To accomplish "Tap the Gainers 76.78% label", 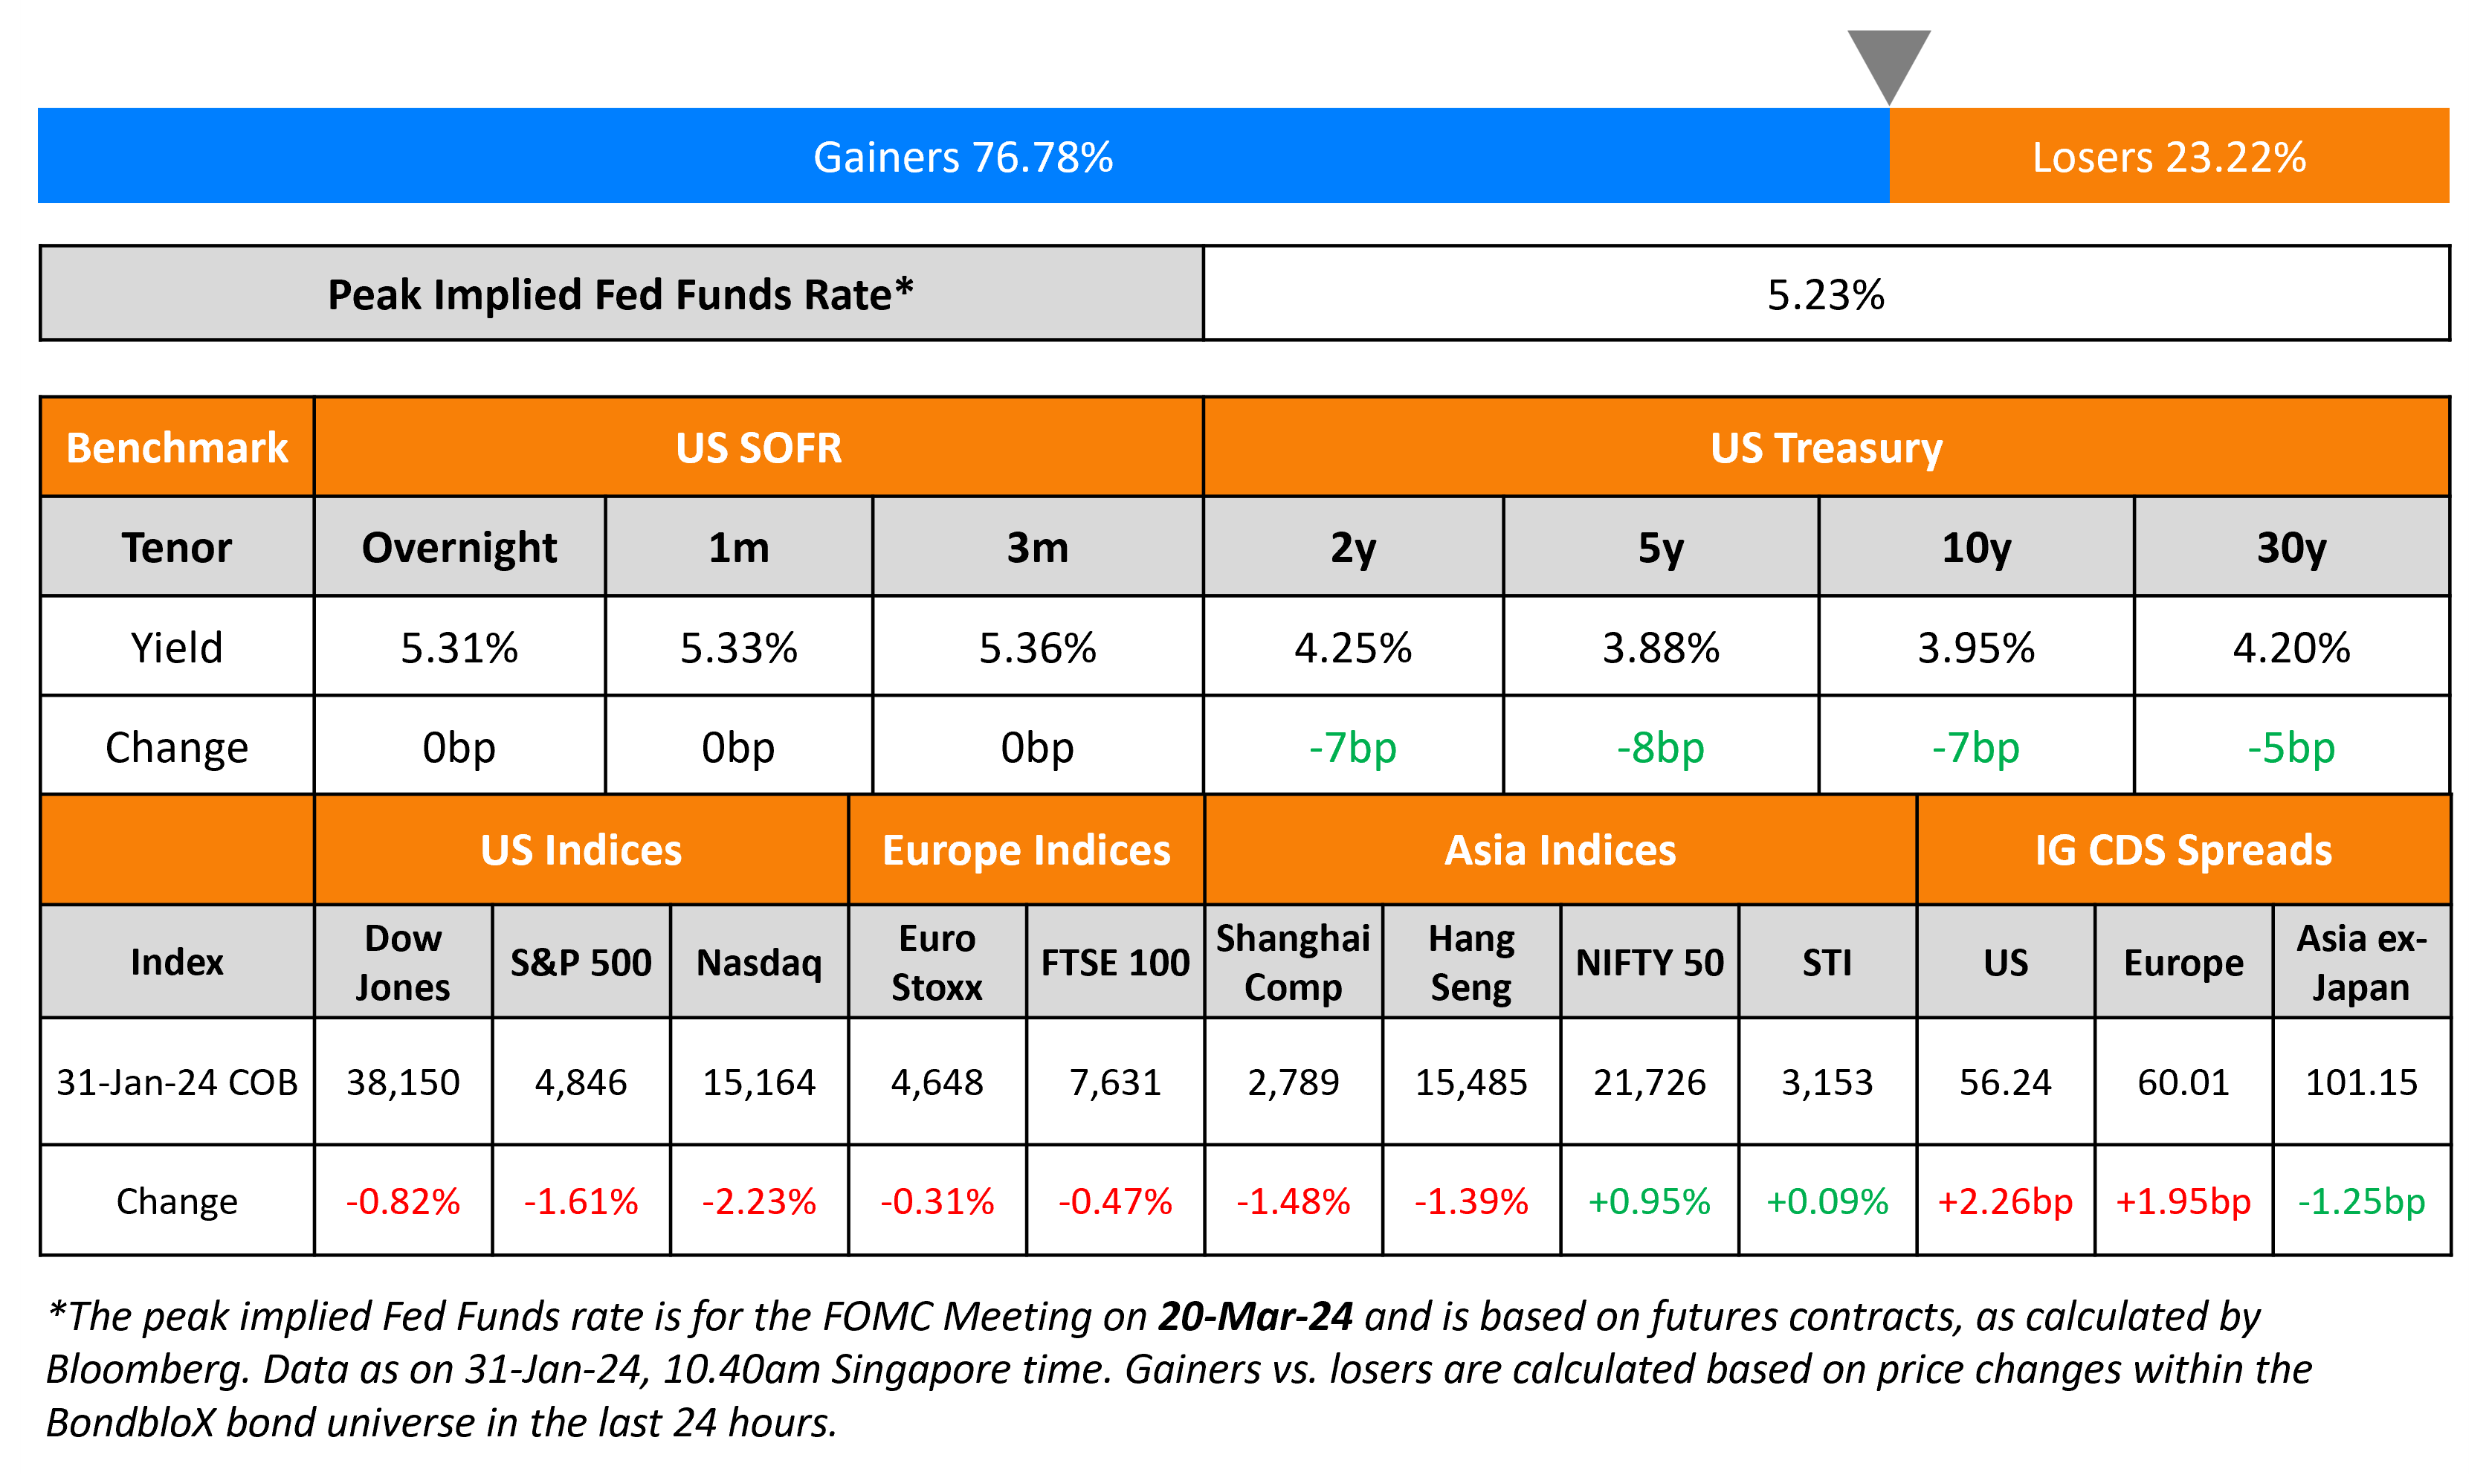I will click(x=963, y=157).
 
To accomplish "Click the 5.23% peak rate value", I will click(x=1825, y=295).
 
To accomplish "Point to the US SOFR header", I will click(x=758, y=448).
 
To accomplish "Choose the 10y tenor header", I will click(x=1975, y=548).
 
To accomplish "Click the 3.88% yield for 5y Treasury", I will click(x=1660, y=648).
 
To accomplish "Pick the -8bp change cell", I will click(x=1660, y=747).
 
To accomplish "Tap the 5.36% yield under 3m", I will click(x=1037, y=648).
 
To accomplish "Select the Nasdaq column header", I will click(x=759, y=962).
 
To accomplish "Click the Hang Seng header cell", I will click(x=1471, y=962).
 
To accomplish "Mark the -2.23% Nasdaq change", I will click(x=759, y=1201).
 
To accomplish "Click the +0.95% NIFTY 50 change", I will click(x=1650, y=1201).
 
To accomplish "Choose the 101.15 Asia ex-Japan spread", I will click(x=2361, y=1082).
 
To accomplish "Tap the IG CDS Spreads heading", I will click(x=2183, y=851).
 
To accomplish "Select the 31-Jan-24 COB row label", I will click(x=177, y=1082).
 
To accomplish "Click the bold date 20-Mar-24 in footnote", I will click(x=1255, y=1316).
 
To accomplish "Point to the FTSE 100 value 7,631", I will click(x=1115, y=1082).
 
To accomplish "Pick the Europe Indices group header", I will click(x=1027, y=851).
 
